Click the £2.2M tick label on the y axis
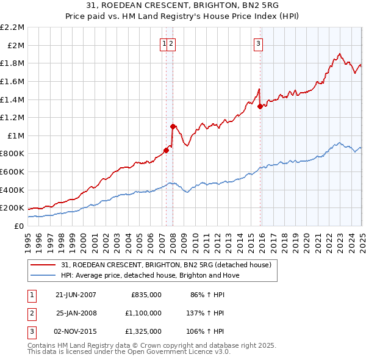point(12,27)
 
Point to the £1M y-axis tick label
point(16,135)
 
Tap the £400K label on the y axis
point(12,190)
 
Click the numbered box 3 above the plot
point(259,43)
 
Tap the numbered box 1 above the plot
point(165,43)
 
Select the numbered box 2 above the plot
point(172,43)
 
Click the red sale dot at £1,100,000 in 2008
point(173,126)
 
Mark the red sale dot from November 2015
point(260,106)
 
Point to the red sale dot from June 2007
point(166,150)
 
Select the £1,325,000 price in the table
point(146,331)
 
